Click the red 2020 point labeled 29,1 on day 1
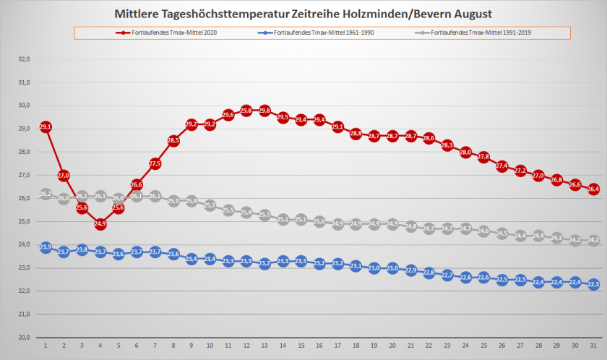pos(46,127)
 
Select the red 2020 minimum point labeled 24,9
pos(100,224)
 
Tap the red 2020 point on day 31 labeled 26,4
pos(593,189)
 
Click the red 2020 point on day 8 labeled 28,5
pos(173,140)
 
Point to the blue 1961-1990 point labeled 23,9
pos(46,247)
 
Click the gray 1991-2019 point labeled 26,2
pos(46,194)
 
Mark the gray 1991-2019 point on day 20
pos(392,224)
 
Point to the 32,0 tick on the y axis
pos(24,59)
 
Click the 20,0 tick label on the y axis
pos(24,338)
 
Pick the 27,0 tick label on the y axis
pos(24,175)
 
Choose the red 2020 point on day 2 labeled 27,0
pos(64,176)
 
